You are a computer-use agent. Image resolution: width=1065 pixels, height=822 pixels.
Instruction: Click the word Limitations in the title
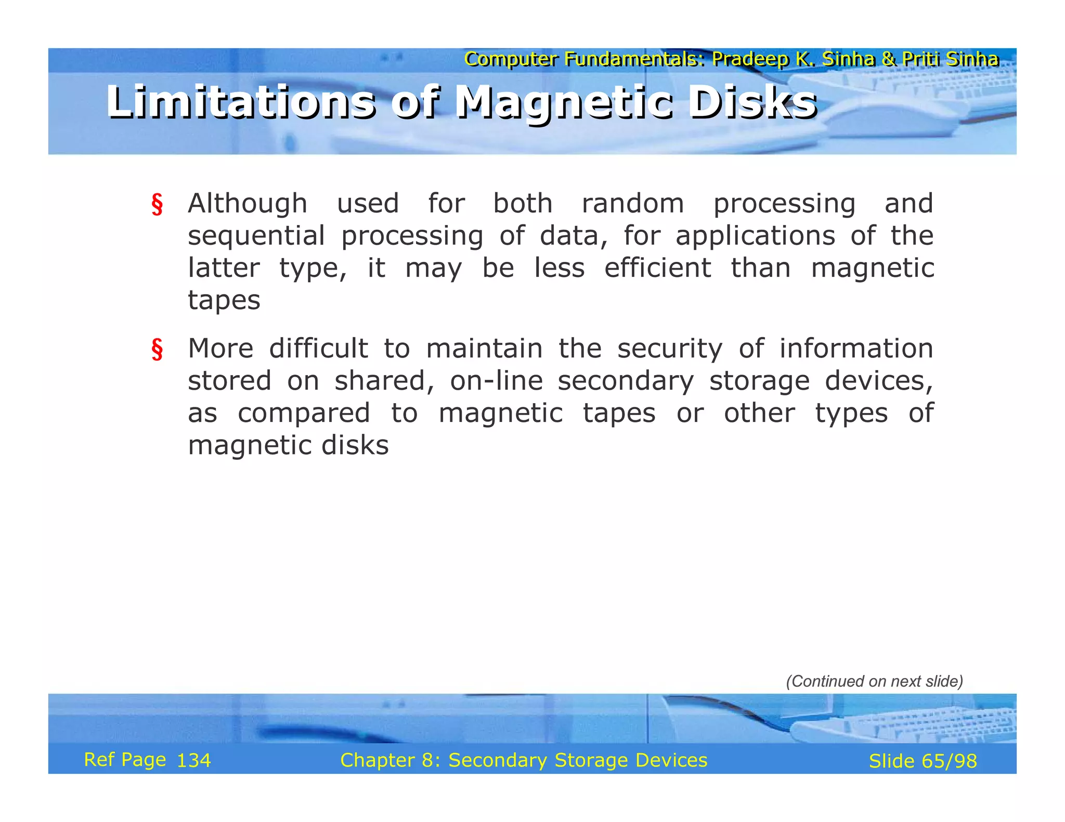[x=240, y=102]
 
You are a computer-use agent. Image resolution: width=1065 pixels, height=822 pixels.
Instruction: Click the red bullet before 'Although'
[x=157, y=204]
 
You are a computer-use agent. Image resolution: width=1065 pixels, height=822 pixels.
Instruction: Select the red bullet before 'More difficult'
[x=157, y=349]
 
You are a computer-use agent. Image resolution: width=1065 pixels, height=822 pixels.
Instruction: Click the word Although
[x=248, y=204]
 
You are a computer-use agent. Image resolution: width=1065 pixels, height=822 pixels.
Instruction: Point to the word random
[x=632, y=204]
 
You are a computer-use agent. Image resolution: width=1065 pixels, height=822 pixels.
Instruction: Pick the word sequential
[x=256, y=236]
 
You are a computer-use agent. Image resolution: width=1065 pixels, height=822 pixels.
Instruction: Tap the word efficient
[x=657, y=269]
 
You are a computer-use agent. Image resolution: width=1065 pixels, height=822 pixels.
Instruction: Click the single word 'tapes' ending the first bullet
[x=224, y=301]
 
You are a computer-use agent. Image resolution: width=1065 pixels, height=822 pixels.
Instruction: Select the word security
[x=670, y=349]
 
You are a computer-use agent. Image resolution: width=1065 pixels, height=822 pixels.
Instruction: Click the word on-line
[x=497, y=381]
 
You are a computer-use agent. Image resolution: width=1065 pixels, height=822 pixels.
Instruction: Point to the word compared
[x=304, y=414]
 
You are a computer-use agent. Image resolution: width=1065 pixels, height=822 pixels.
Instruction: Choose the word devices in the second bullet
[x=879, y=381]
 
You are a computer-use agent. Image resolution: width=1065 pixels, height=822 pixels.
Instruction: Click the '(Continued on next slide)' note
[x=874, y=681]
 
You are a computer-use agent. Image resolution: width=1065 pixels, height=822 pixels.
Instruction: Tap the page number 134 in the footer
[x=194, y=761]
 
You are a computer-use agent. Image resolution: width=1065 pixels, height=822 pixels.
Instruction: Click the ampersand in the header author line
[x=888, y=59]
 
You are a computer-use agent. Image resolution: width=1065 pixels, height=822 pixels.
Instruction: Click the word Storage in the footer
[x=591, y=760]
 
